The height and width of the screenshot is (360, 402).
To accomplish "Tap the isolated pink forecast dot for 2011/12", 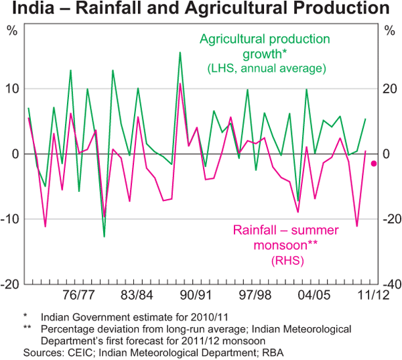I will pyautogui.click(x=374, y=164).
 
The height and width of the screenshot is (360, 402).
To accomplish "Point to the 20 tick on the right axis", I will pyautogui.click(x=389, y=88).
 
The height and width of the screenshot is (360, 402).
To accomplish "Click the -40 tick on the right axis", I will pyautogui.click(x=390, y=284).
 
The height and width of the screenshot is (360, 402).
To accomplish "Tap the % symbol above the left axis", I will pyautogui.click(x=12, y=30).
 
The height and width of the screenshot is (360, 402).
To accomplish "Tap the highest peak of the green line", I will pyautogui.click(x=180, y=52).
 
